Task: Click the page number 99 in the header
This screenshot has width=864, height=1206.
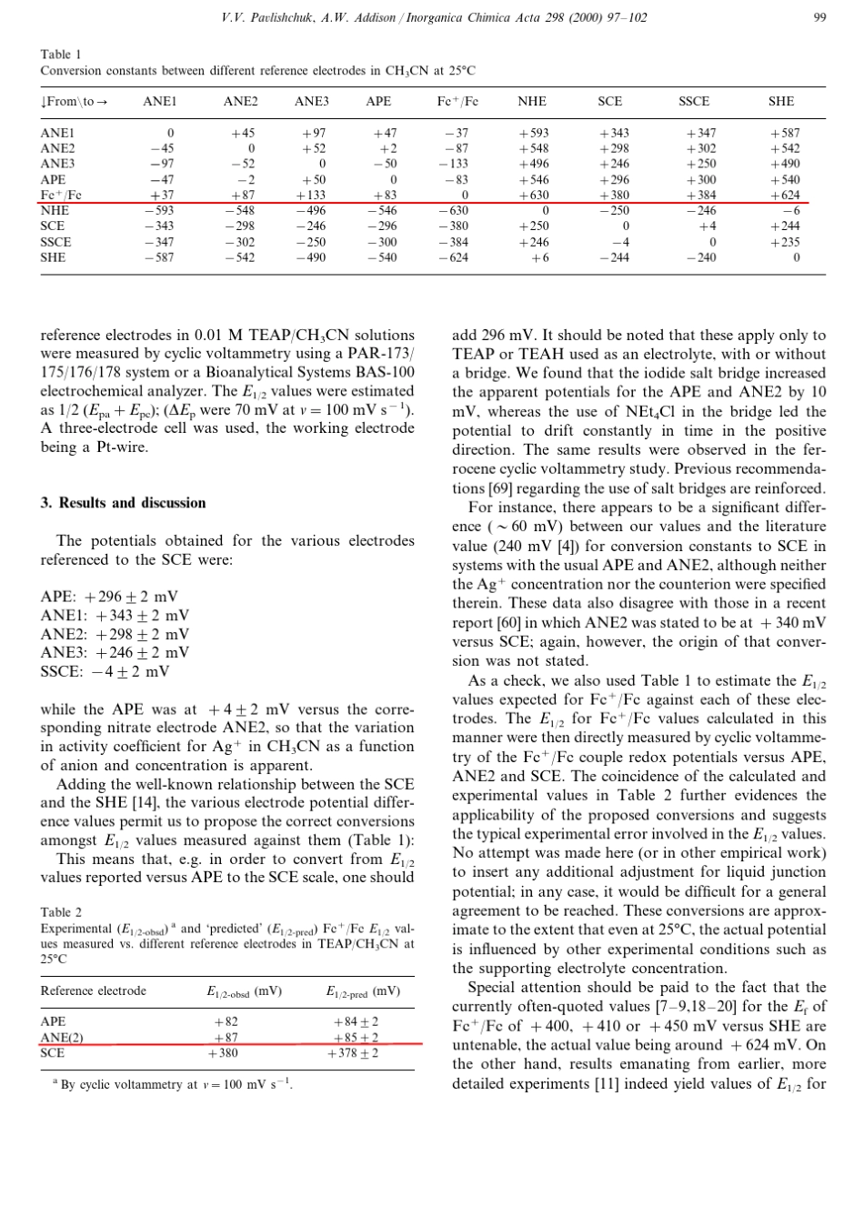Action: point(820,17)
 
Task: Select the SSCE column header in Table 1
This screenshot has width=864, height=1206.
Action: point(694,102)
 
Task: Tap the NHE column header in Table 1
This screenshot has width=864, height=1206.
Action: point(532,102)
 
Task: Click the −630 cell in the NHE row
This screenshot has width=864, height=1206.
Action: point(456,210)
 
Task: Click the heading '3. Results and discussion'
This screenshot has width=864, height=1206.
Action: point(123,503)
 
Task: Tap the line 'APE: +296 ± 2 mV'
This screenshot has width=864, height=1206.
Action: point(109,597)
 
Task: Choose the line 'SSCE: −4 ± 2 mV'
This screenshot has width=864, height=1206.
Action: point(105,672)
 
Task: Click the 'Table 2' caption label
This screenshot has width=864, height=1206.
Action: point(61,911)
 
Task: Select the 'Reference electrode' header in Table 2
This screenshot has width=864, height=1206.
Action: point(93,990)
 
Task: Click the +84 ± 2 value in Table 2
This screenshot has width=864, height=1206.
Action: point(357,1022)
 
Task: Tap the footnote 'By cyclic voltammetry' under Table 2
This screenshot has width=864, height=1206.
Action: point(176,1085)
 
